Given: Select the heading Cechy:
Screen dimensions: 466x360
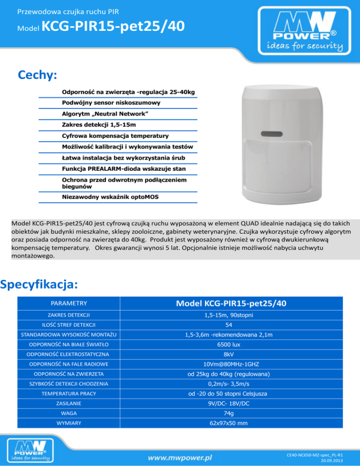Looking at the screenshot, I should [37, 75].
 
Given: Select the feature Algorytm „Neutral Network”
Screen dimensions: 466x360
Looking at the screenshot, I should [105, 114].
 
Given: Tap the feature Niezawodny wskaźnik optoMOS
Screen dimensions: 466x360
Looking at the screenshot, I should [110, 197].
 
